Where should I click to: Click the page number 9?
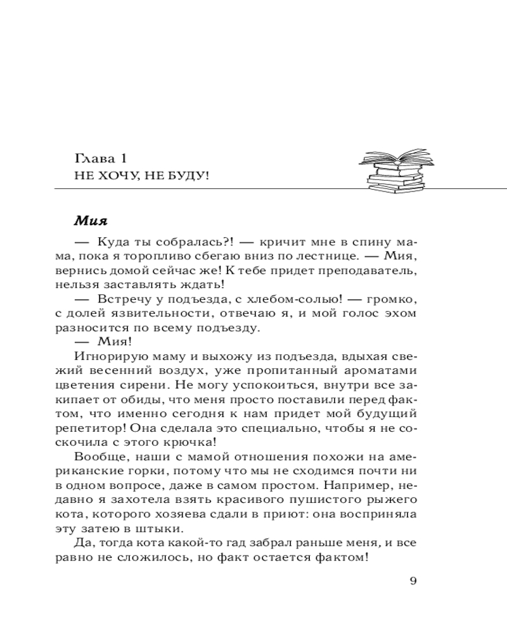pyautogui.click(x=413, y=581)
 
